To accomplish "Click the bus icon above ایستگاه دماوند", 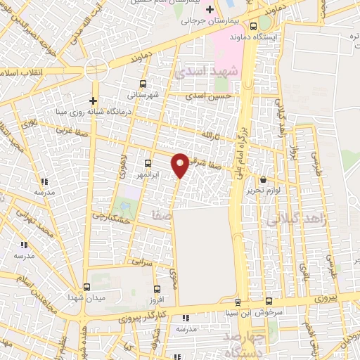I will [x=263, y=26].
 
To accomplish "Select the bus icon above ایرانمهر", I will [x=148, y=163].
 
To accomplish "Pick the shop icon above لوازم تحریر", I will [x=264, y=180].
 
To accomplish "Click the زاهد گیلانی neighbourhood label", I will [x=295, y=220].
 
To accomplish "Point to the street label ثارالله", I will [x=211, y=134].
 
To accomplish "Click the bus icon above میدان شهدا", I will [x=86, y=287].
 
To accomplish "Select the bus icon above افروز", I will [x=157, y=288].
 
